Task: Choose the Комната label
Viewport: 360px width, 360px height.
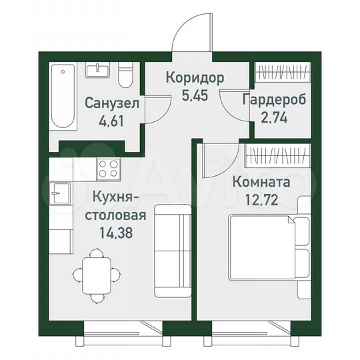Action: [269, 181]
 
